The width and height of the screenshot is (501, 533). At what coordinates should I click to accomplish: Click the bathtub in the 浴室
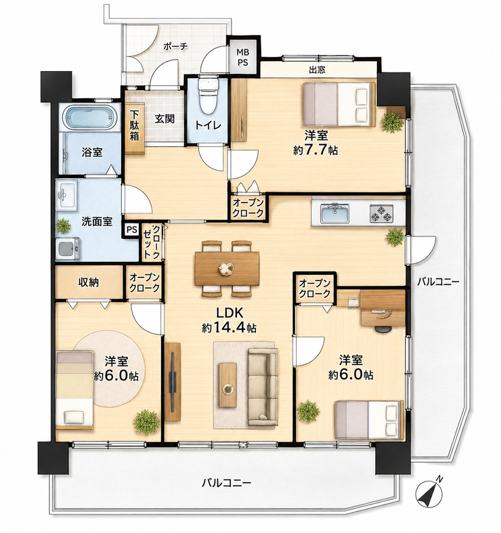click(x=90, y=117)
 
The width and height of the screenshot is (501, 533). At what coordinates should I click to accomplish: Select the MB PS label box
click(x=242, y=57)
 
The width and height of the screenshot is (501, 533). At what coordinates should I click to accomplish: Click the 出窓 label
click(x=317, y=70)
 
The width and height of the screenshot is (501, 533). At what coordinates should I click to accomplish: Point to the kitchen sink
click(x=335, y=214)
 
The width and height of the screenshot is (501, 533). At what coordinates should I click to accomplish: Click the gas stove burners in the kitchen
click(x=381, y=213)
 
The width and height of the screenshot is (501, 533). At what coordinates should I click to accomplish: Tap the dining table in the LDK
click(x=227, y=269)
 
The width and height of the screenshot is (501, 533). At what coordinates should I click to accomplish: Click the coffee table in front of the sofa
click(x=227, y=385)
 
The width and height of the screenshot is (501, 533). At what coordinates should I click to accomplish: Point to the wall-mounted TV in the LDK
click(x=173, y=382)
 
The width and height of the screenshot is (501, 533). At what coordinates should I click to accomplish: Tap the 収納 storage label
click(x=89, y=282)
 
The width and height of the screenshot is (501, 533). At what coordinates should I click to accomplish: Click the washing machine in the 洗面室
click(x=68, y=249)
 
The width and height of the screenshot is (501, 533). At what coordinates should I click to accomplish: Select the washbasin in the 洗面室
click(x=66, y=195)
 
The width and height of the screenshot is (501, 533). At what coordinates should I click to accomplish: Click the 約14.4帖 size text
click(x=229, y=327)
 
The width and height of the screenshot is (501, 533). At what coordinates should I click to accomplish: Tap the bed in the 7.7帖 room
click(x=339, y=104)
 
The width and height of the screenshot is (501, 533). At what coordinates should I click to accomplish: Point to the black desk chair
click(x=383, y=328)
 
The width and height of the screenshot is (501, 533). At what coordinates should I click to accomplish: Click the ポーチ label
click(x=175, y=47)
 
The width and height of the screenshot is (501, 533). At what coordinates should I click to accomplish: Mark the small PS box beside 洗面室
click(x=131, y=230)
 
